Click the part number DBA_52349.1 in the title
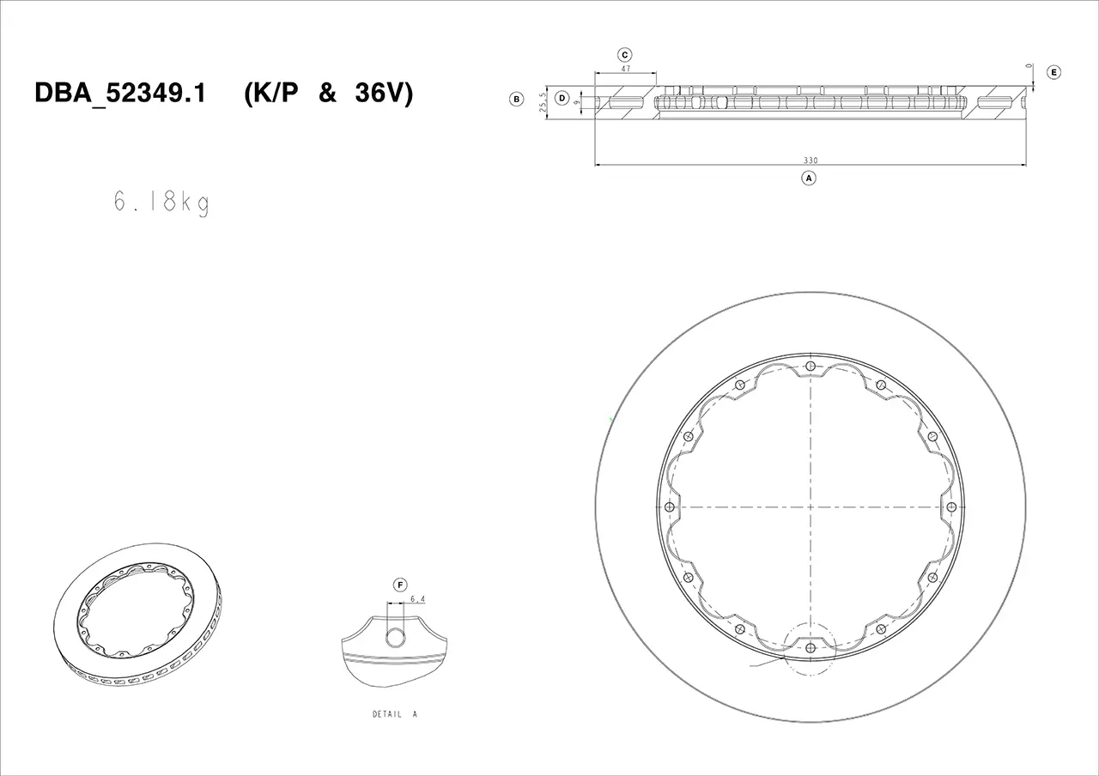point(120,94)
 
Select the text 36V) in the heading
point(384,94)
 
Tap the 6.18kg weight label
point(162,202)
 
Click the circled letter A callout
point(809,178)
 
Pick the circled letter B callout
point(516,99)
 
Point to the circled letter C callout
point(624,55)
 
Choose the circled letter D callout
point(562,98)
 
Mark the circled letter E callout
point(1053,73)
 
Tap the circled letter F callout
point(400,585)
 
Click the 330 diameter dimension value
point(811,161)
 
